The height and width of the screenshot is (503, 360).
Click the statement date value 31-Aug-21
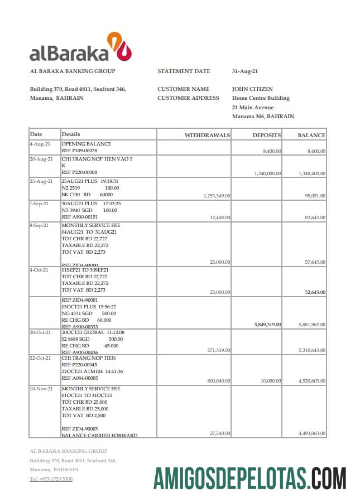pos(244,71)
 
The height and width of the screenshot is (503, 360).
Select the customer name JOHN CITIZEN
pos(252,89)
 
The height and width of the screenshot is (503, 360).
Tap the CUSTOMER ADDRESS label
pos(188,98)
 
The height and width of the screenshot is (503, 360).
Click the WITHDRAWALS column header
pos(207,136)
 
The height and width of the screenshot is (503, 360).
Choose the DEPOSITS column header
pos(266,136)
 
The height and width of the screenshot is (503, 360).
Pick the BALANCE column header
pos(311,136)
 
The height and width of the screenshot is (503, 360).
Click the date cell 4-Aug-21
pos(40,144)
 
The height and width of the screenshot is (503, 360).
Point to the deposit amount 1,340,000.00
pos(267,173)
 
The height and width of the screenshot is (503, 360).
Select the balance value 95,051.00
pos(315,196)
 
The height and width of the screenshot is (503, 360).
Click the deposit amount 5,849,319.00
pos(267,324)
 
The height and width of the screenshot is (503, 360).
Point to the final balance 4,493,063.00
pos(312,433)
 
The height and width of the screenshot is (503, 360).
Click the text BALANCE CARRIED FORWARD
pos(99,436)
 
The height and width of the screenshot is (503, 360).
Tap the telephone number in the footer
pos(51,479)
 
